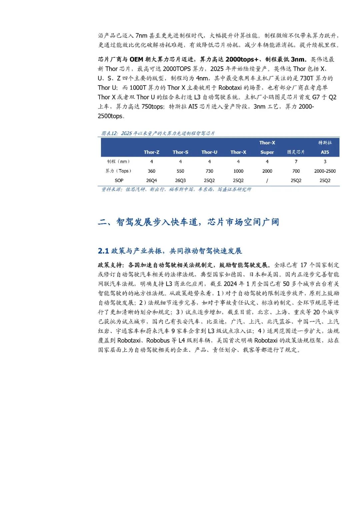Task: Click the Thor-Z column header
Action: click(151, 152)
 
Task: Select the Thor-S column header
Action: click(180, 152)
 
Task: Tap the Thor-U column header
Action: click(209, 152)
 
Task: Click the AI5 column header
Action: click(325, 152)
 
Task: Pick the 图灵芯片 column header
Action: click(296, 152)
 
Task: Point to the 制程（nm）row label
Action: click(119, 161)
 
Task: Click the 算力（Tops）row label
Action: click(119, 171)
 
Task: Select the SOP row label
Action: click(119, 180)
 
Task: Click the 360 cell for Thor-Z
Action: click(151, 171)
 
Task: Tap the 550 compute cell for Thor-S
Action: click(180, 171)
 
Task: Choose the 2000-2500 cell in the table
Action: click(325, 171)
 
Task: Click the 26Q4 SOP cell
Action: click(151, 180)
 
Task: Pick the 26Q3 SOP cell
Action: click(180, 180)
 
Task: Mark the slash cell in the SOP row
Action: click(267, 180)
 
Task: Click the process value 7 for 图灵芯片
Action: click(296, 161)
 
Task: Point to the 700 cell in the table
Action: click(296, 171)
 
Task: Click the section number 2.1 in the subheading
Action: click(103, 251)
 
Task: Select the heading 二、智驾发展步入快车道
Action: click(188, 222)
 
